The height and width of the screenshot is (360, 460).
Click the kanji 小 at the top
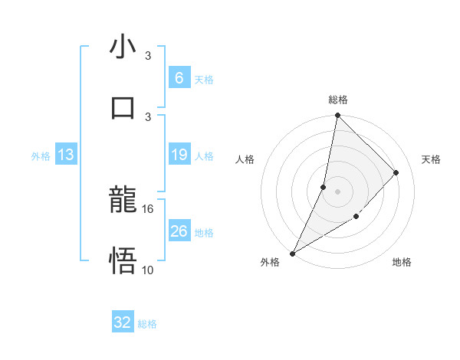[122, 47]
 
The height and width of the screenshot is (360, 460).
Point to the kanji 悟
[122, 261]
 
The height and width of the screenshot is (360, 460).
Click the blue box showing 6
[179, 77]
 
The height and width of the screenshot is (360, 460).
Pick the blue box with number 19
[179, 155]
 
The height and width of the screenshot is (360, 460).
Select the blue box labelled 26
[179, 231]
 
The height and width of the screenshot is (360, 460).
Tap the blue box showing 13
[66, 155]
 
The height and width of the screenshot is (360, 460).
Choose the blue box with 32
[123, 322]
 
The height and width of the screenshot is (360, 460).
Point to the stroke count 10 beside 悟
[148, 270]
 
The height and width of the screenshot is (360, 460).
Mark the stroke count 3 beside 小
[148, 56]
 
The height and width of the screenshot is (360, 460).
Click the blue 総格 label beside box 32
[148, 324]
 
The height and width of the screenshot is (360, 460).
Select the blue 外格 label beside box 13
[41, 156]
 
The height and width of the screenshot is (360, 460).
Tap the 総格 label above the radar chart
[337, 100]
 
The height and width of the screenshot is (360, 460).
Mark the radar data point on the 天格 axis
[396, 172]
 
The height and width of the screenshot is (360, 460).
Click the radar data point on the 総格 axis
[337, 116]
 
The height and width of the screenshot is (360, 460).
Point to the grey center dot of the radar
[337, 191]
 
